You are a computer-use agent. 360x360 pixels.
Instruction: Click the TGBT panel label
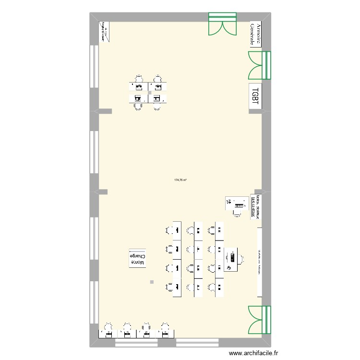coord(255,96)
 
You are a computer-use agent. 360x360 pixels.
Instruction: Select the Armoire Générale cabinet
coord(255,34)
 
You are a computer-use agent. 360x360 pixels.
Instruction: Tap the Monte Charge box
coord(137,259)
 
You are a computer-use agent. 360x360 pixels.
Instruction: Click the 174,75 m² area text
coord(180,180)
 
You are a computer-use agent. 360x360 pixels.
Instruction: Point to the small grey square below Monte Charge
coord(152,282)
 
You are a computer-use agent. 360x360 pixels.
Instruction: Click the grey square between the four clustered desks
coord(150,93)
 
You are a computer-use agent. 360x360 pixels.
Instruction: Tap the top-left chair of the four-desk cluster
coord(139,79)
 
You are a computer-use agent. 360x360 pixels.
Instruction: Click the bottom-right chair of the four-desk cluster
coord(157,107)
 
